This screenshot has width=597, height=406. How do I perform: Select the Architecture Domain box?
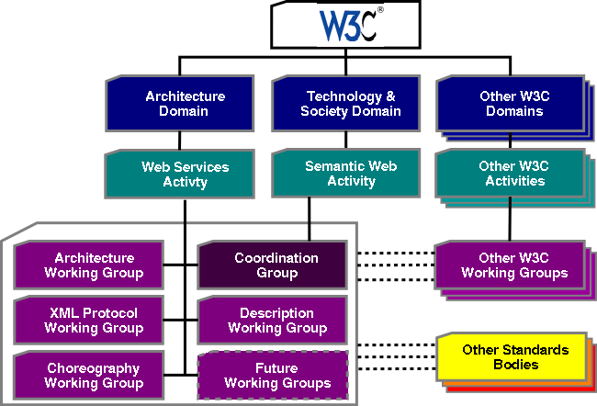click(185, 104)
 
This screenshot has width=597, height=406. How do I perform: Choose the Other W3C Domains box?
click(510, 104)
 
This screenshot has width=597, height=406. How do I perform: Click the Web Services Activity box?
click(185, 174)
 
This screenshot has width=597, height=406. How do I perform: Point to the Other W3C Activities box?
click(510, 174)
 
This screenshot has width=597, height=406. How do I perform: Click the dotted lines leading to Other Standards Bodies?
click(394, 358)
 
